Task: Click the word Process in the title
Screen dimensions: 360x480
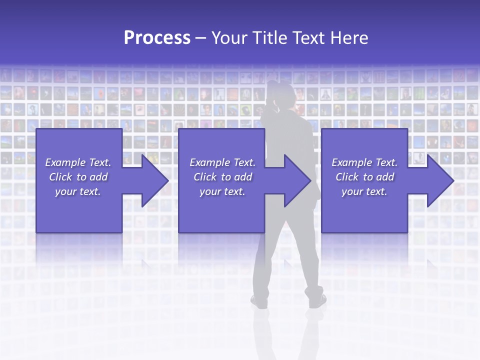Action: point(157,38)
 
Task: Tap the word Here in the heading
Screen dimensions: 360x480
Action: point(349,38)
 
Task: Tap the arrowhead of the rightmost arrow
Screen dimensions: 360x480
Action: point(445,180)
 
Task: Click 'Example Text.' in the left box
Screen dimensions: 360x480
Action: point(78,162)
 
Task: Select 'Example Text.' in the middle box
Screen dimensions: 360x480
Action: point(222,162)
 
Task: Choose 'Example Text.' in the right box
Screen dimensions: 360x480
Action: point(364,162)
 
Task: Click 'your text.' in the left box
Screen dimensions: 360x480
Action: point(78,191)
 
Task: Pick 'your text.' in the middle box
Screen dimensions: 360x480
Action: point(222,191)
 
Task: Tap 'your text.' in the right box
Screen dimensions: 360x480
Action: point(364,191)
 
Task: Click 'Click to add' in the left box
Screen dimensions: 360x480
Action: point(78,177)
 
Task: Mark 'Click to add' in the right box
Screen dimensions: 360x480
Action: point(364,177)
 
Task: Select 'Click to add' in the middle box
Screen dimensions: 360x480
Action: point(222,177)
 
